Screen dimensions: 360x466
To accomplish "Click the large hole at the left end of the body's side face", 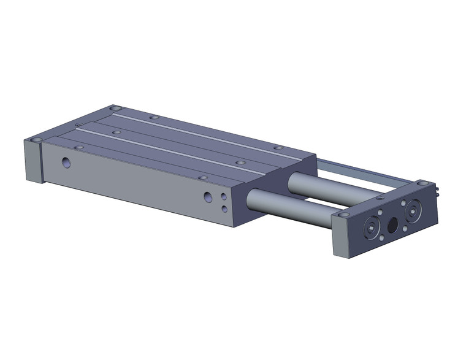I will (66, 163).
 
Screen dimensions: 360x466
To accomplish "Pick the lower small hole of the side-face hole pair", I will (225, 209).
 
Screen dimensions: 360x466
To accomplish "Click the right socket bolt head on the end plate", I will (413, 212).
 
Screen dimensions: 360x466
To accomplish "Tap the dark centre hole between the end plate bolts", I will (393, 226).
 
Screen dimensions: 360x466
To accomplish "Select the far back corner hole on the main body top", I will (113, 108).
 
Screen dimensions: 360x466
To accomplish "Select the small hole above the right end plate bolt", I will (403, 202).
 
